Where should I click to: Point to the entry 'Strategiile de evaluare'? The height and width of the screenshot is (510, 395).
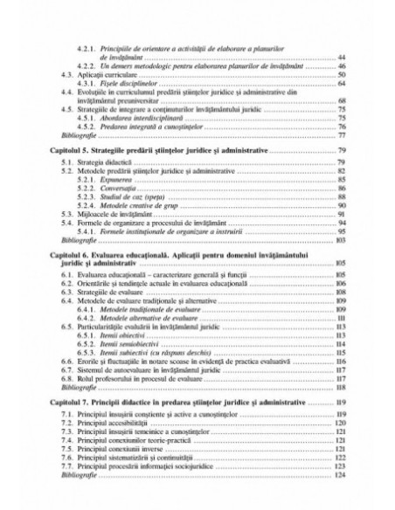[103, 291]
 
